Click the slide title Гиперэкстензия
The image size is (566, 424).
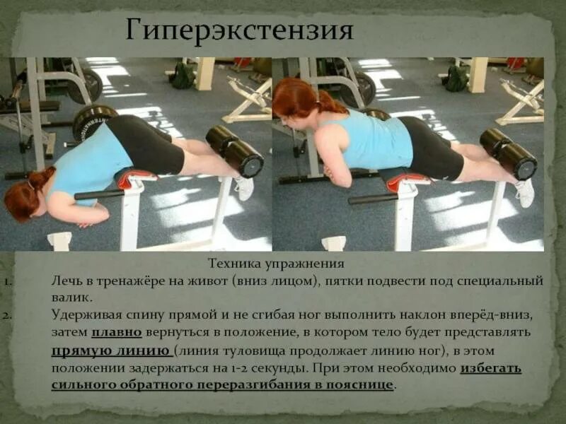tap(240, 32)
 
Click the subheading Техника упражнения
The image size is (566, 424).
tap(275, 264)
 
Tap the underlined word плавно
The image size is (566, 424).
tap(117, 331)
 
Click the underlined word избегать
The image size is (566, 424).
tap(491, 368)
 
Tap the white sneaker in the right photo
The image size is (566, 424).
tap(524, 192)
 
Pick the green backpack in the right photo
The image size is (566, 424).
tap(456, 77)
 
